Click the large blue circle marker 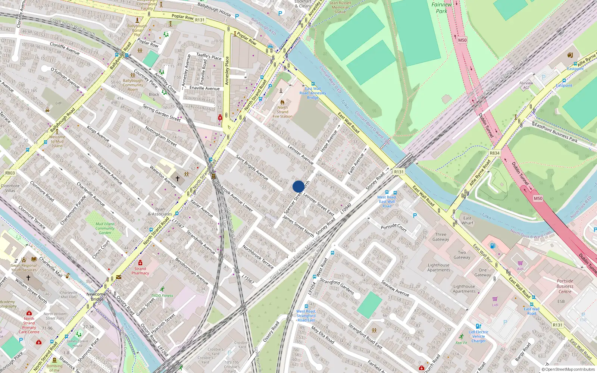(x=298, y=186)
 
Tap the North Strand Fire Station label (x=282, y=112)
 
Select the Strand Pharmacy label (x=140, y=271)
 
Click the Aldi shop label (x=520, y=269)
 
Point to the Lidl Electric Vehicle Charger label (x=478, y=336)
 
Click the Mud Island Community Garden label (x=105, y=228)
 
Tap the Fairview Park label (x=441, y=8)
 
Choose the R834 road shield (x=494, y=153)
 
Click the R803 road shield (x=10, y=173)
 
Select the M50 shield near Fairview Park (x=462, y=40)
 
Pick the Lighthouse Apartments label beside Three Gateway (x=438, y=267)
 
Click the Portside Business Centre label (x=565, y=286)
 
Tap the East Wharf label (x=467, y=220)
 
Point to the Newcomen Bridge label (x=97, y=297)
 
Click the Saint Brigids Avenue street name (x=252, y=167)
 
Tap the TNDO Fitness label (x=162, y=295)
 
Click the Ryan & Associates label (x=160, y=212)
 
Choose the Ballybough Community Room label (x=133, y=85)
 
